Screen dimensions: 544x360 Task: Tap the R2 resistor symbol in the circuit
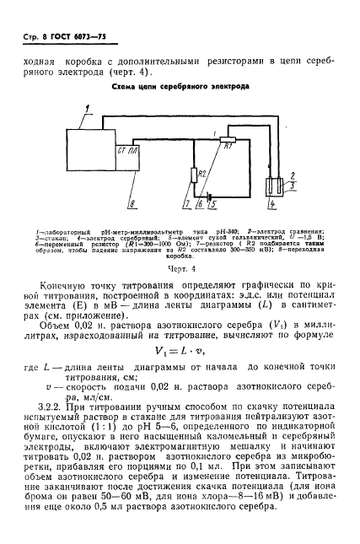point(191,175)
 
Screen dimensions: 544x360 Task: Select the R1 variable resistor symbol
point(226,147)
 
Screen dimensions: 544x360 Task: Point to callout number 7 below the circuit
point(185,205)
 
